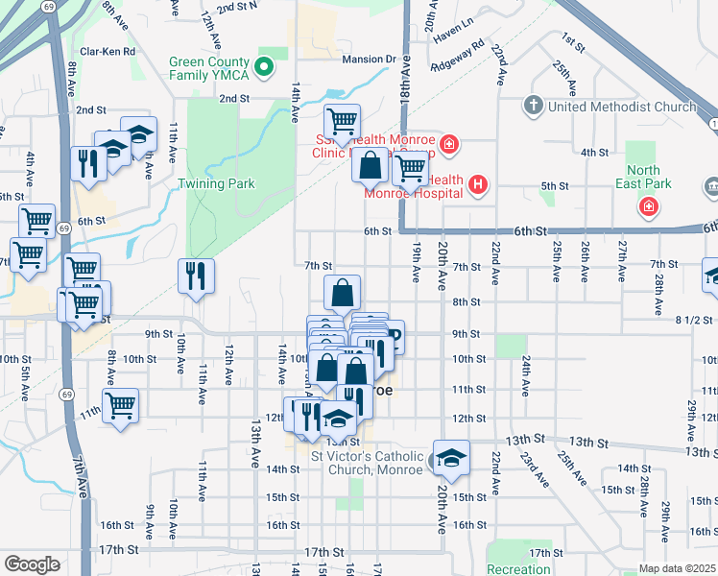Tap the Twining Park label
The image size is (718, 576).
point(217,183)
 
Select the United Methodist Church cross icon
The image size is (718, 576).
point(535,106)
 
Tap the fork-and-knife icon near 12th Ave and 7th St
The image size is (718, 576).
point(196,276)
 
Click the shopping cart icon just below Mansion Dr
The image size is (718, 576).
point(342,122)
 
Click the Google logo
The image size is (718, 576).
point(32,564)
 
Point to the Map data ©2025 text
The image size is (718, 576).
point(676,568)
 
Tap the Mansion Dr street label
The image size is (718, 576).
point(369,60)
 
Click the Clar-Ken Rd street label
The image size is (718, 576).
point(108,51)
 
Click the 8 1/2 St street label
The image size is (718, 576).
point(695,319)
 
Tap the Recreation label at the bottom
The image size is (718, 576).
point(518,569)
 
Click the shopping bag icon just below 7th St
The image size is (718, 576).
point(342,293)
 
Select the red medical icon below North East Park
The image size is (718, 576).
point(650,207)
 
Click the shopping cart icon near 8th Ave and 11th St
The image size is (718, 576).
point(120,406)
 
